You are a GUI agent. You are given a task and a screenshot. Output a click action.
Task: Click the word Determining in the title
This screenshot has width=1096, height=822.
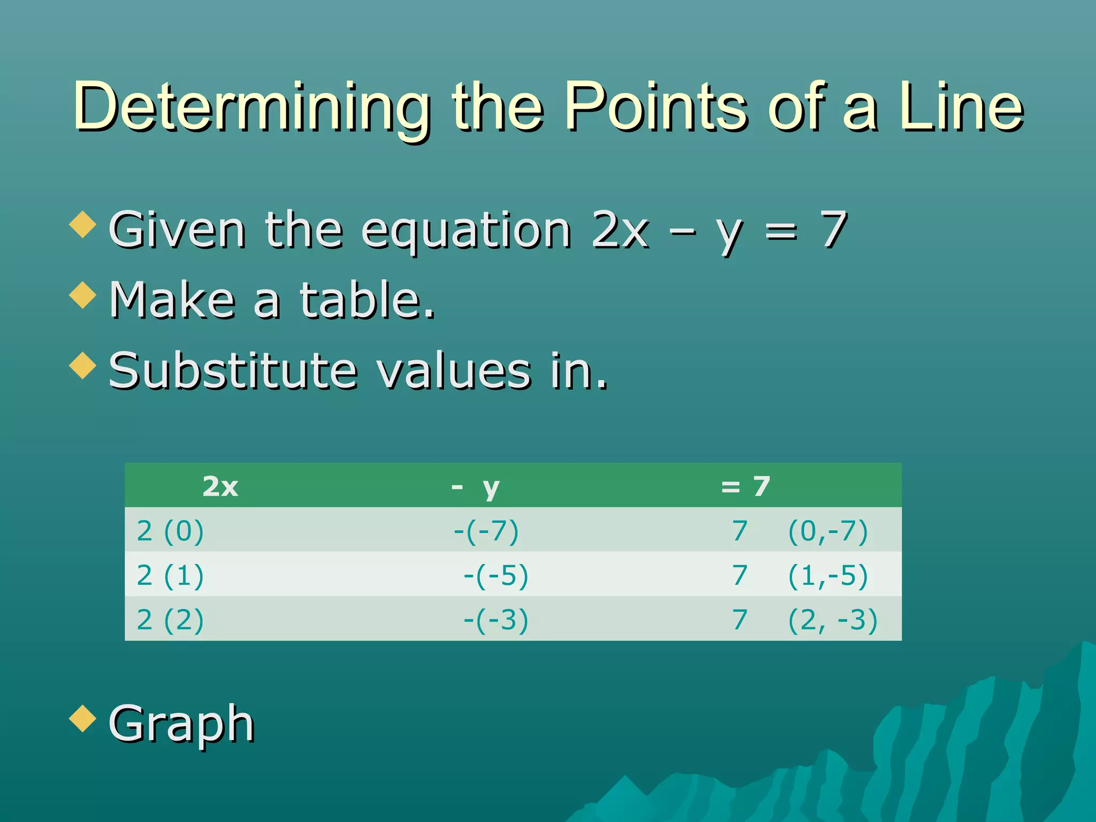pos(252,107)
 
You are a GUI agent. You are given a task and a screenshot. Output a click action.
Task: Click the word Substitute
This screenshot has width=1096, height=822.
pos(233,370)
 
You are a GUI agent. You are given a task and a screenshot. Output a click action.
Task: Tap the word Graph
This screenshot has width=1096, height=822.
pos(181,724)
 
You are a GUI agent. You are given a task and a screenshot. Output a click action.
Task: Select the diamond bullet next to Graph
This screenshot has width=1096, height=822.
pos(83,718)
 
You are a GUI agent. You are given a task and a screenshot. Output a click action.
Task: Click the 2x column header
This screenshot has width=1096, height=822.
pos(220,486)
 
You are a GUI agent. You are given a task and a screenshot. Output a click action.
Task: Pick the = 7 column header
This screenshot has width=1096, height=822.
pos(745,486)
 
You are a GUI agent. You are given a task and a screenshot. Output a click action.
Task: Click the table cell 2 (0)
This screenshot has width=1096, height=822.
pos(170,531)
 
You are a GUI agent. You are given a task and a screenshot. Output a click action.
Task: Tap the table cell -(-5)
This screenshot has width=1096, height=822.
pos(496,576)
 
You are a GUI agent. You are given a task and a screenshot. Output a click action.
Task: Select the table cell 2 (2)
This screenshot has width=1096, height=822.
pos(170,620)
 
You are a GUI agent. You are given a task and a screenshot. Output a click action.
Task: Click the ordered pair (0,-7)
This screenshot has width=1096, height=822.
pos(827,531)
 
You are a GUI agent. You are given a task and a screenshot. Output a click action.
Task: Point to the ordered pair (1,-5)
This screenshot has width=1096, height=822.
pos(827,576)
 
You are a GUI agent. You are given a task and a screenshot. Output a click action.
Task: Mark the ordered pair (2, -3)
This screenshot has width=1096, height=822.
pos(832,620)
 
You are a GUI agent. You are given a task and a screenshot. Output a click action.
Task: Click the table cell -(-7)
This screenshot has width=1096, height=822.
pos(486,531)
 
